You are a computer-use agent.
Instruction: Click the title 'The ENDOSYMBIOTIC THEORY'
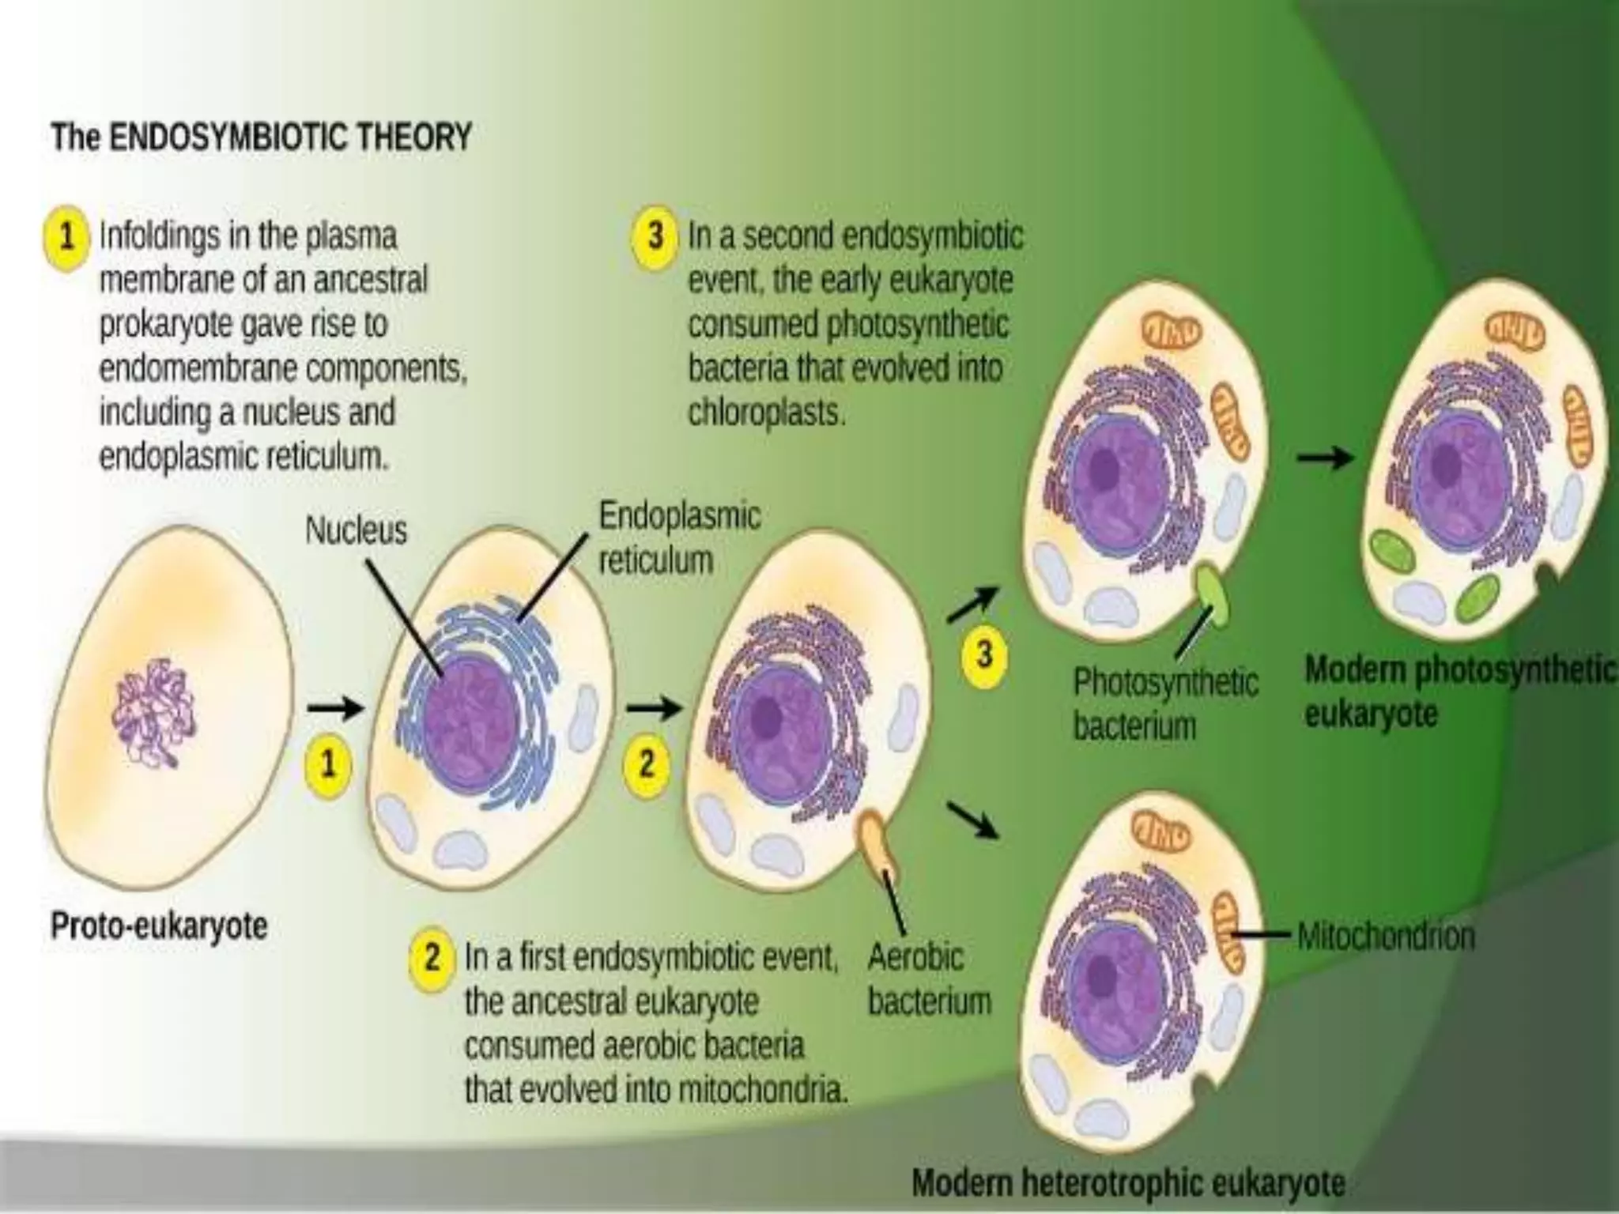point(262,138)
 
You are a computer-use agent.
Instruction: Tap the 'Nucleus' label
point(356,530)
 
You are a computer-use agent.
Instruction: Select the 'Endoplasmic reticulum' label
point(679,538)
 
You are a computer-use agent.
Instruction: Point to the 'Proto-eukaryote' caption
point(159,926)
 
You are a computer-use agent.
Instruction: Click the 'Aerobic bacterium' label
point(928,979)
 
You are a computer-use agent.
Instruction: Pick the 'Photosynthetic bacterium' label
point(1165,703)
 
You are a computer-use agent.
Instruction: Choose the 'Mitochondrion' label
point(1386,937)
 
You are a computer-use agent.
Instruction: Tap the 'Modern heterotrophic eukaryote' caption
point(1128,1183)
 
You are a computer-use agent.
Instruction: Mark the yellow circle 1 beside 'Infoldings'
point(67,236)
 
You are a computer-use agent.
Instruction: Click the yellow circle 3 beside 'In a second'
point(655,236)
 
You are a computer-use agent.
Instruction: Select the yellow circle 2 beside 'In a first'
point(432,958)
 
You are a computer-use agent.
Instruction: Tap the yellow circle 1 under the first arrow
point(326,763)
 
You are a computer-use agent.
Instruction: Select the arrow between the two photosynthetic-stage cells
point(1325,458)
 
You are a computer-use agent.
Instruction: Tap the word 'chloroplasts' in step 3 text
point(765,413)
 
